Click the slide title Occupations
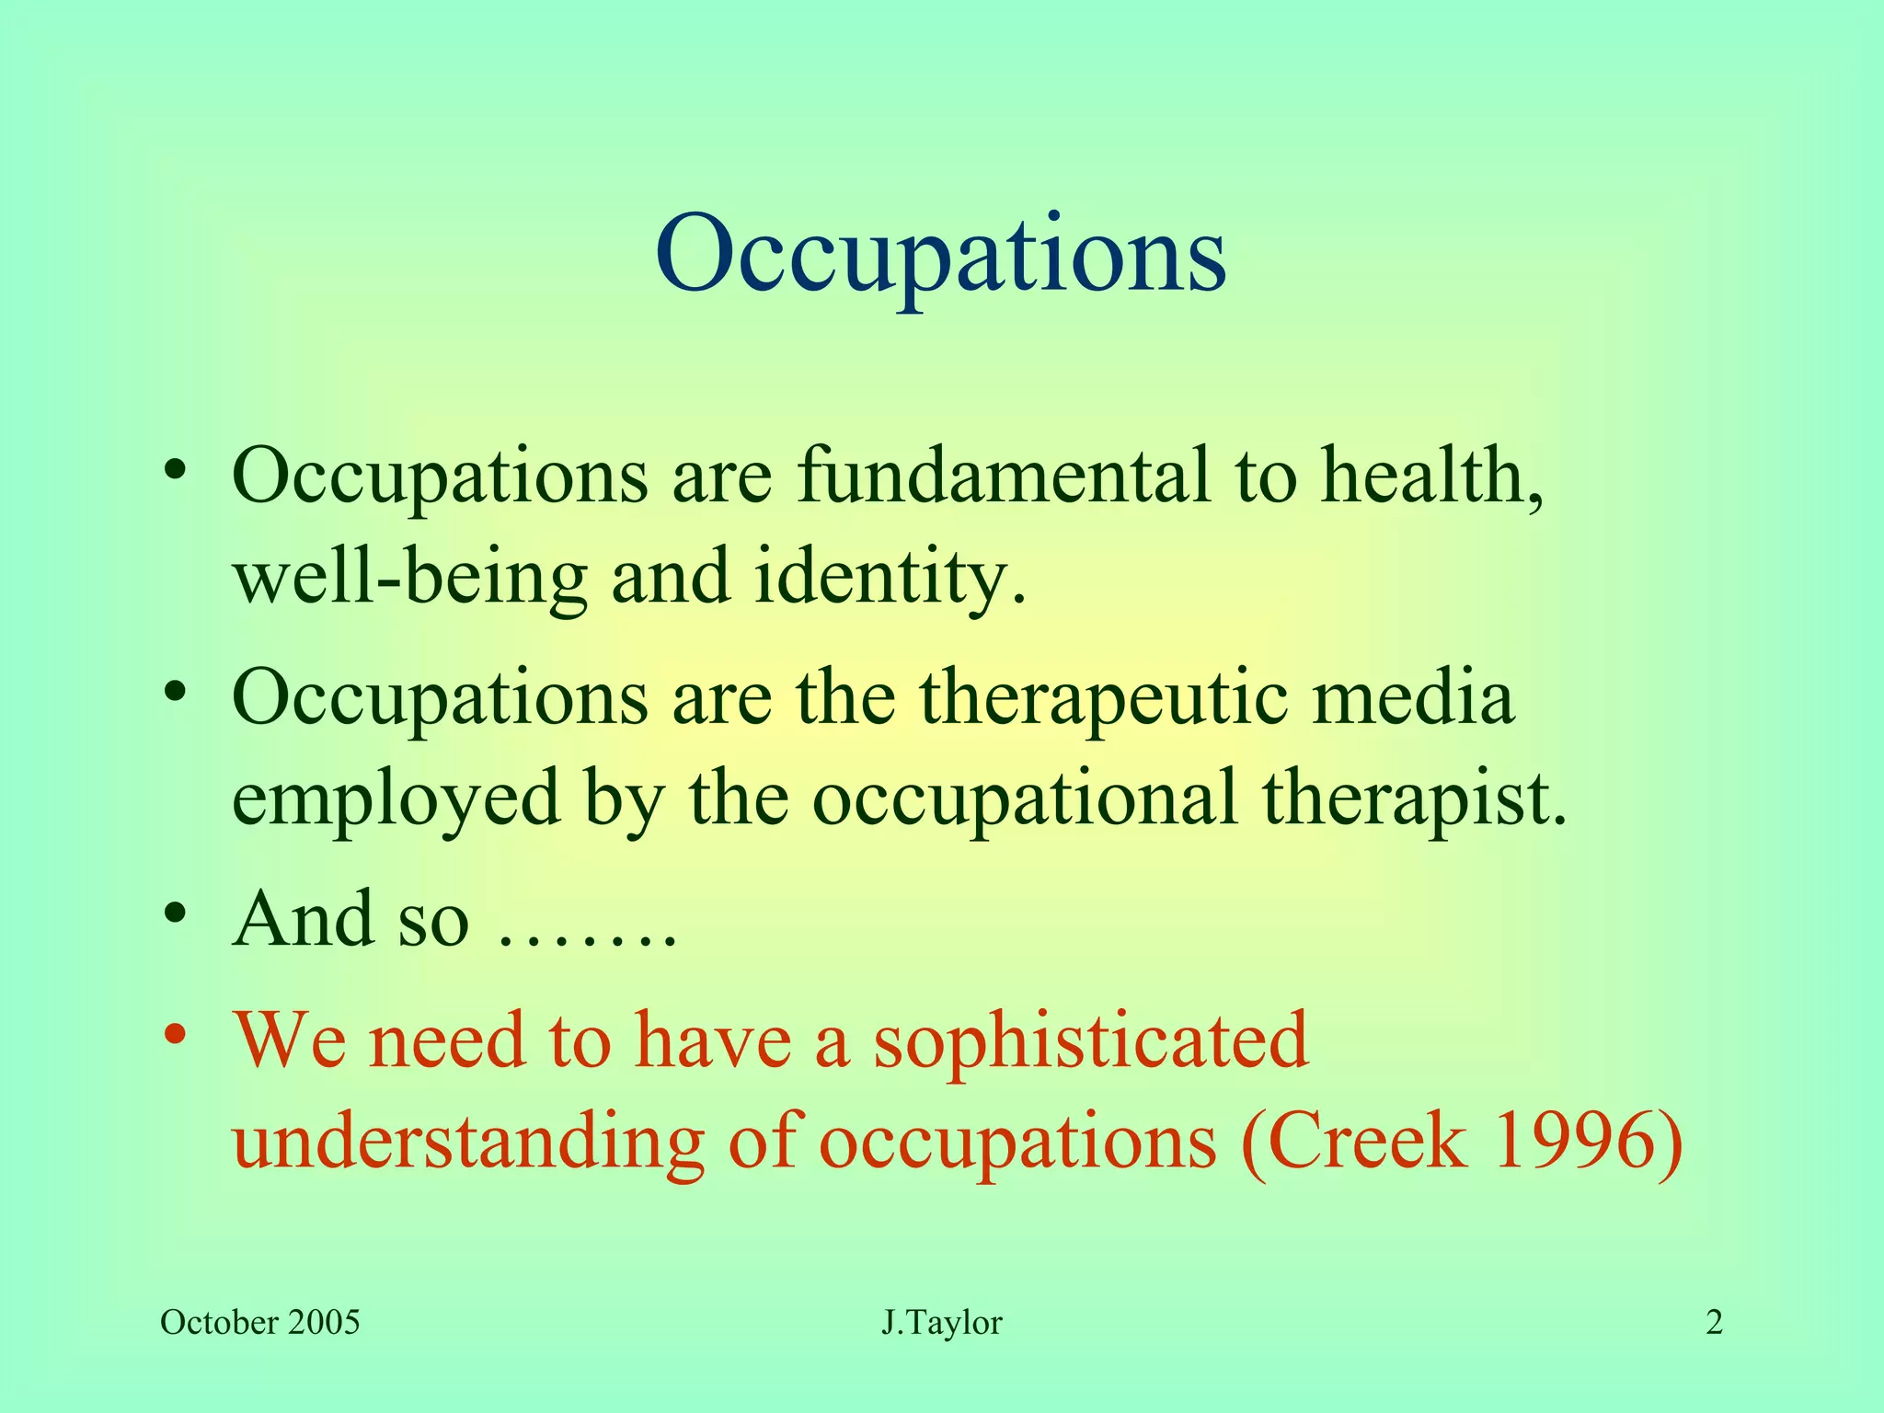tap(940, 254)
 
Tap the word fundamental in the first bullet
tap(1003, 477)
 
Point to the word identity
tap(888, 578)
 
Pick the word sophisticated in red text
tap(1090, 1042)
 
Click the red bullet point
tap(176, 1033)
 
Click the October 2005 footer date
tap(259, 1323)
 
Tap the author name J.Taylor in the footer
tap(941, 1323)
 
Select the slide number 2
tap(1714, 1323)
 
